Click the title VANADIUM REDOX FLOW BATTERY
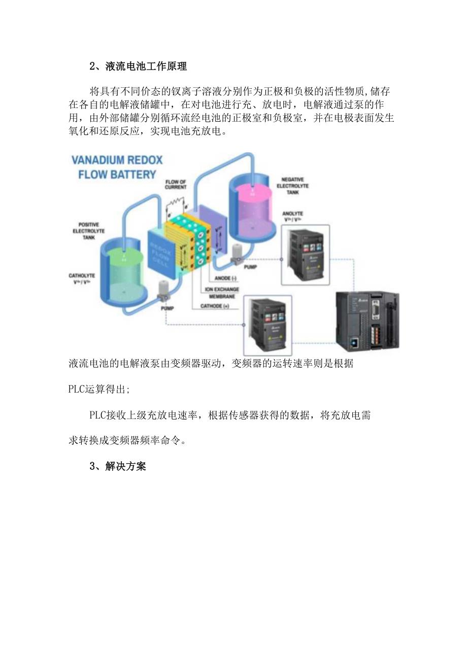[x=117, y=167]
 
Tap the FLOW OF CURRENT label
[x=176, y=184]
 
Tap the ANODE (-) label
[x=225, y=278]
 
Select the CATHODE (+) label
[x=215, y=306]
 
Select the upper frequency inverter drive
[x=305, y=253]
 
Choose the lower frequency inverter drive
[x=268, y=324]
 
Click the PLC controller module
[x=367, y=322]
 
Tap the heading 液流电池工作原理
[x=138, y=66]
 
